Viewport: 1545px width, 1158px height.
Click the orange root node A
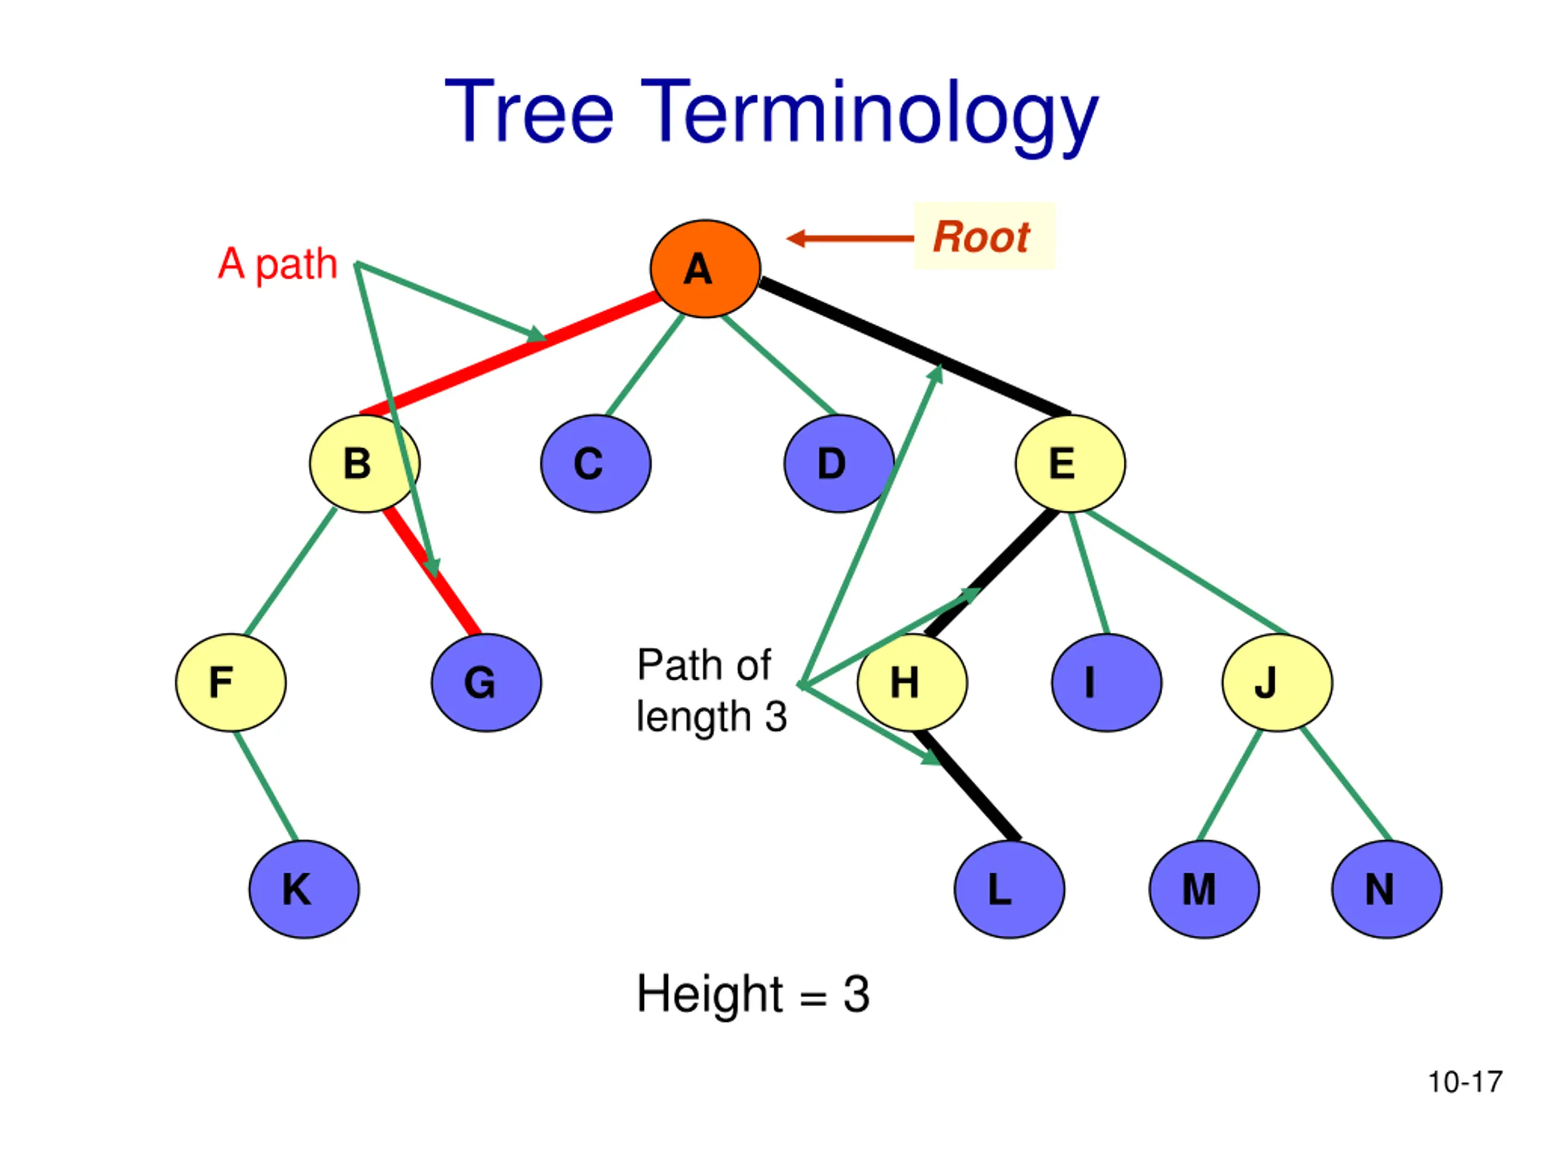(x=705, y=269)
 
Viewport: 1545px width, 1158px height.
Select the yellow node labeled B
(x=365, y=463)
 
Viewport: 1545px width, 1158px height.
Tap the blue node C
(x=596, y=463)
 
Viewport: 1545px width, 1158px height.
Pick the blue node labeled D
(x=839, y=463)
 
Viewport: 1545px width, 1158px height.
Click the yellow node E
(x=1070, y=463)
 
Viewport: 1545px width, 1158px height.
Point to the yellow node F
(x=231, y=683)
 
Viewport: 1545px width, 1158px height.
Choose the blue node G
(x=486, y=683)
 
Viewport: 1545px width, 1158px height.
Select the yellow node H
(x=912, y=683)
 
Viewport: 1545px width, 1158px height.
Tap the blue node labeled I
(x=1106, y=683)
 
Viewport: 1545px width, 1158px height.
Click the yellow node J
(x=1277, y=683)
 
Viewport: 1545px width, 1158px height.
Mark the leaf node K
(x=304, y=889)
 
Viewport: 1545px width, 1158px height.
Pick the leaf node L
(x=1009, y=889)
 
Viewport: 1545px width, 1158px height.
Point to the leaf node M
(x=1204, y=889)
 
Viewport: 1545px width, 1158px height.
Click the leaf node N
(x=1386, y=889)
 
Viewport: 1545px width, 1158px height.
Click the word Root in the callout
(x=981, y=237)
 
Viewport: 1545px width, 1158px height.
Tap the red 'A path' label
(x=278, y=265)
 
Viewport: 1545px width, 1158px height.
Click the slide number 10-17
(x=1465, y=1083)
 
